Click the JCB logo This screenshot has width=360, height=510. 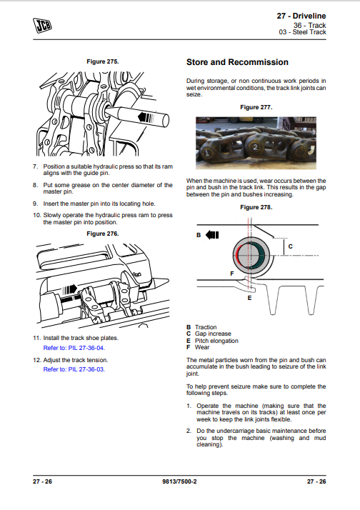coord(42,26)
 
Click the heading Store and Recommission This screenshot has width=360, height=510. coord(237,62)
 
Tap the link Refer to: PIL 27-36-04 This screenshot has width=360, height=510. coord(74,348)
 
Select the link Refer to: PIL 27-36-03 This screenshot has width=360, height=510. coord(74,369)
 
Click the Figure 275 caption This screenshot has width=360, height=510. coord(103,61)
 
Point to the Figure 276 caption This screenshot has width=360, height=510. coord(103,234)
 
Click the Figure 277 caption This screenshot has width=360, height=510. coord(256,107)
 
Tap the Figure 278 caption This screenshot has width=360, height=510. coord(256,208)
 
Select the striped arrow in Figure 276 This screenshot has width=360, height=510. coord(69,289)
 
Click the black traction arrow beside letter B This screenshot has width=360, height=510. coord(212,235)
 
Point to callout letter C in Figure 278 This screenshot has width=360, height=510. coord(291,246)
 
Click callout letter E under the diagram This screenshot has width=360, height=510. coord(249,298)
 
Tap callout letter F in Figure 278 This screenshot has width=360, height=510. coord(232,274)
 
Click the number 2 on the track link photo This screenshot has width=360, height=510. coord(255,147)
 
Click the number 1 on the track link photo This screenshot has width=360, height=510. coord(206,152)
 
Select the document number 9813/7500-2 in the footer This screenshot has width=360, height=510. coord(179,481)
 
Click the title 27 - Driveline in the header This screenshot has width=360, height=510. coord(301,16)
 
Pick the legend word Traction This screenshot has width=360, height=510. coord(206,327)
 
